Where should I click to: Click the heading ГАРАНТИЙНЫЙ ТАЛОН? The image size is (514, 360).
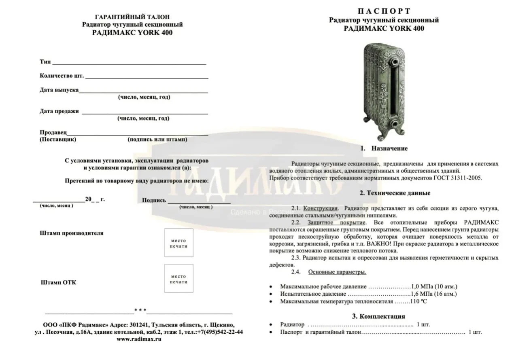132,17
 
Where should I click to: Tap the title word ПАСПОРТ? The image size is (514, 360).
384,11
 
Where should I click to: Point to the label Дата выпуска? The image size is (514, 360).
59,90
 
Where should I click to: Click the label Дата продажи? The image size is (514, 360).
59,111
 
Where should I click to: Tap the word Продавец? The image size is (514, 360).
53,132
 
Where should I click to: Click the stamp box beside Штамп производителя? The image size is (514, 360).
178,243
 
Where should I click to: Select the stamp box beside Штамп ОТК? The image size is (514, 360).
178,278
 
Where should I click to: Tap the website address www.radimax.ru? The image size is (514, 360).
139,339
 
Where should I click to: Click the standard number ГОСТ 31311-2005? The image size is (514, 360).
459,178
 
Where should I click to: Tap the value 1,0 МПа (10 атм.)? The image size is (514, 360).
434,286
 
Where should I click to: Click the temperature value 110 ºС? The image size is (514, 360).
418,301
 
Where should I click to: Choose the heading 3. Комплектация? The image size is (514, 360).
378,316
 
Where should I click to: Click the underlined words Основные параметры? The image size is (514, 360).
337,272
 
